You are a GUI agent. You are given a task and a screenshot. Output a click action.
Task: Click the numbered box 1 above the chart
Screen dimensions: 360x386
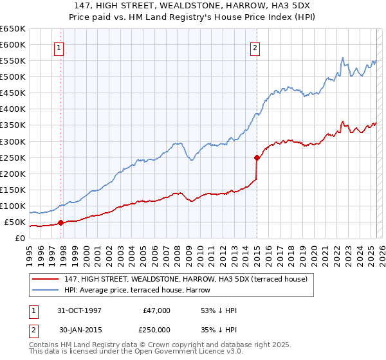point(59,47)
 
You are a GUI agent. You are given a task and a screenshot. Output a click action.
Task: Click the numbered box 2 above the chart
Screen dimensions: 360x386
point(255,47)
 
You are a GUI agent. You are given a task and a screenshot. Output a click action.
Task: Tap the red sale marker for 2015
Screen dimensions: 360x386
point(257,157)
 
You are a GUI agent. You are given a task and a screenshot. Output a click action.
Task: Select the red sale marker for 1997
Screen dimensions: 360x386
point(61,223)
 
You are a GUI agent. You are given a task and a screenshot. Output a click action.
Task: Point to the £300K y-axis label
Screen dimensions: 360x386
point(13,141)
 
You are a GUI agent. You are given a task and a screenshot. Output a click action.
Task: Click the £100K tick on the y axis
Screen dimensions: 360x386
point(13,206)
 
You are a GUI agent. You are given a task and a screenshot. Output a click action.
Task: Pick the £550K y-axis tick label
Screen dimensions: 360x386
point(13,61)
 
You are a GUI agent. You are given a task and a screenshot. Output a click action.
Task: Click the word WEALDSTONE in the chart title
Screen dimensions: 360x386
point(155,4)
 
